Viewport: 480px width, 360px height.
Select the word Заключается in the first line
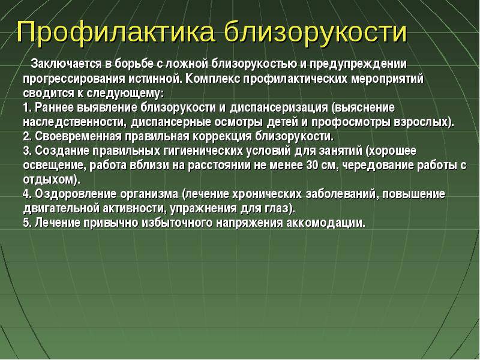67,64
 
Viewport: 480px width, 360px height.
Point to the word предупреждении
358,65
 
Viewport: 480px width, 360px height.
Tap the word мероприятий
387,79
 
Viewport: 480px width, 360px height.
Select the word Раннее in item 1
54,107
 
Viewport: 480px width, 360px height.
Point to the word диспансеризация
278,108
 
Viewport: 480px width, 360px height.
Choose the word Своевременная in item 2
78,137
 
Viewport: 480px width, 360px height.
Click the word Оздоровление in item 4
76,194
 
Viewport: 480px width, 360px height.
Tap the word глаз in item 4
276,209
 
